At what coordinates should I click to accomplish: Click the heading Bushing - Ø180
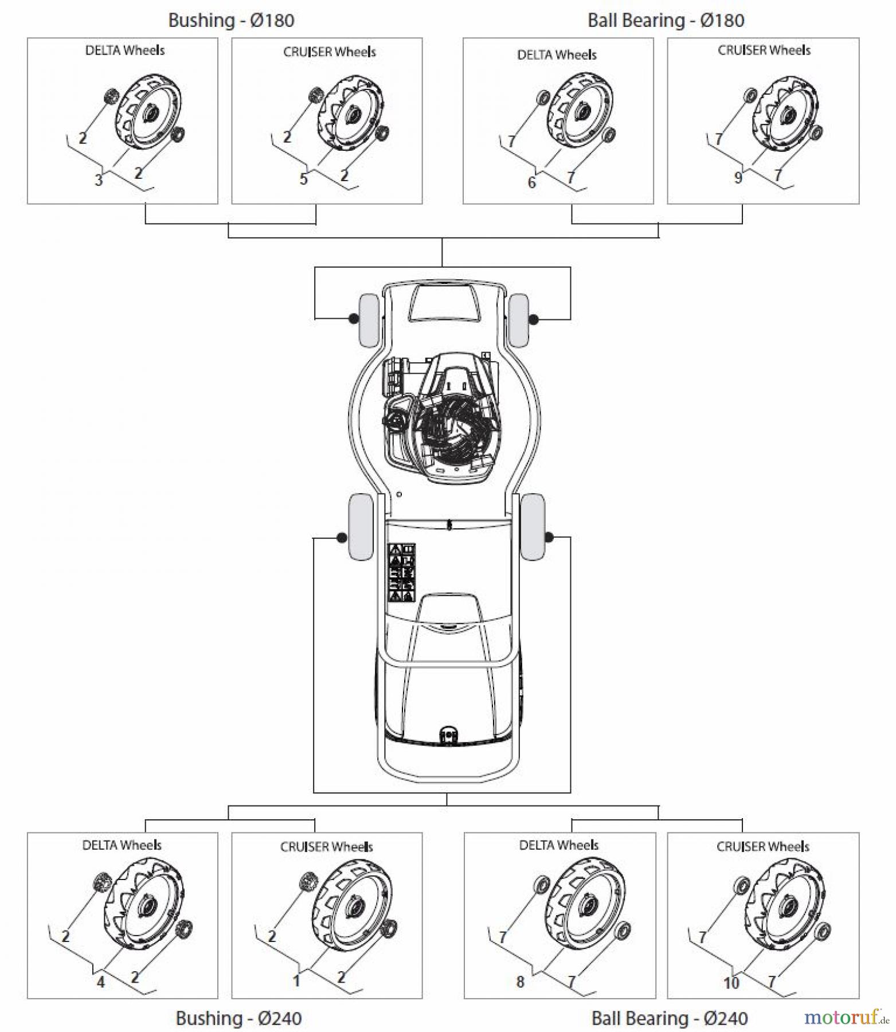pos(231,21)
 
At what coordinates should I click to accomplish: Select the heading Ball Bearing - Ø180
pos(666,21)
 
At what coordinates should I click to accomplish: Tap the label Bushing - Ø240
pos(238,1018)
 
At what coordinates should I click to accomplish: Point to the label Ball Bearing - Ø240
pos(669,1018)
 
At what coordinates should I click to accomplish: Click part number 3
pos(99,180)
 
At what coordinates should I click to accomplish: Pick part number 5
pos(304,179)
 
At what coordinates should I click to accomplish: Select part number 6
pos(531,182)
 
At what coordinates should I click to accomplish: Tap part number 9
pos(738,178)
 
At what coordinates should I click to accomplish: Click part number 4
pos(101,982)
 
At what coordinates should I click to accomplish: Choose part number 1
pos(296,981)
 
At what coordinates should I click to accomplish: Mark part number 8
pos(520,982)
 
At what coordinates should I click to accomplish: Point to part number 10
pos(731,983)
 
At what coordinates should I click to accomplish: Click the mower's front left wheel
pos(369,320)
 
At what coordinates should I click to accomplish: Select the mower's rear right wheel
pos(533,526)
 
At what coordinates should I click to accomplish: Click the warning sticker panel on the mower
pos(402,572)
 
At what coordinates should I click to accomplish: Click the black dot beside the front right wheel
pos(534,319)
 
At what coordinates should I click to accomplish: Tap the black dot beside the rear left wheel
pos(342,538)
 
